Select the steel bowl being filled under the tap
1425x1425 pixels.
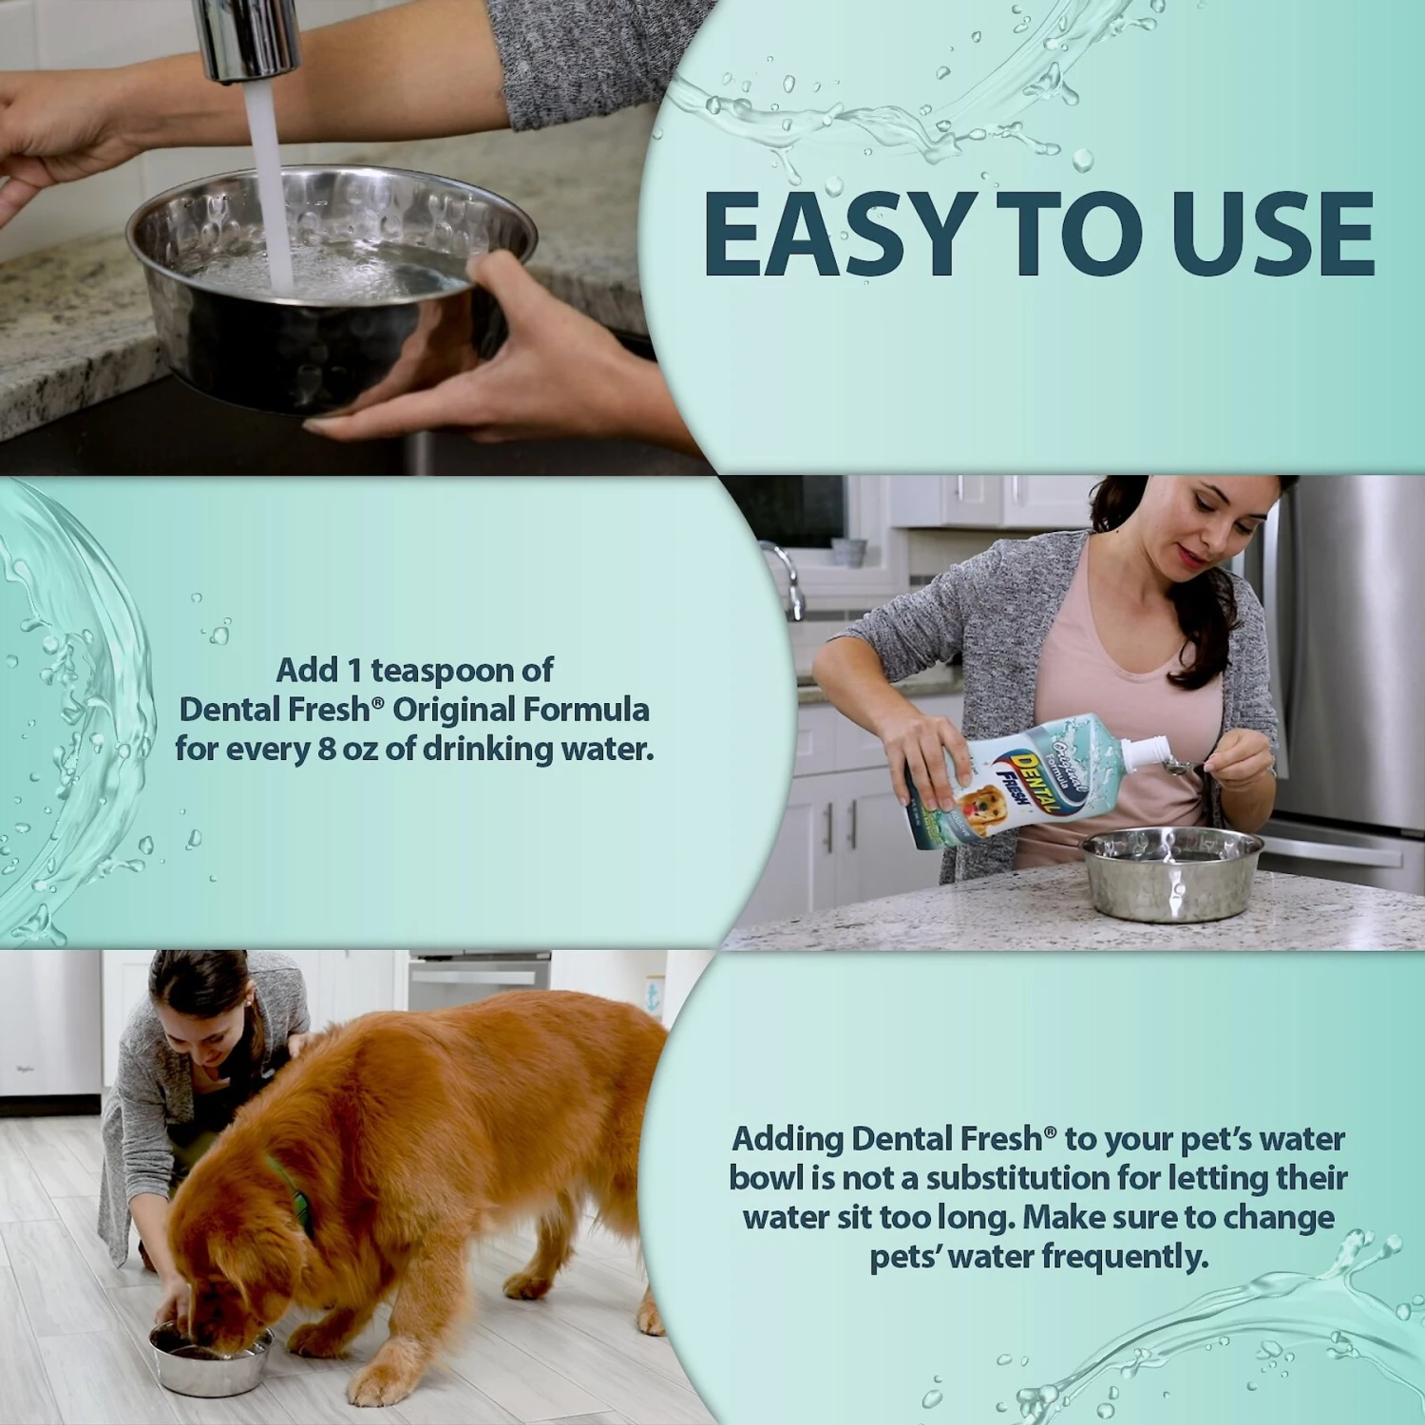click(328, 290)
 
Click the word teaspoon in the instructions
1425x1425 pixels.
click(462, 671)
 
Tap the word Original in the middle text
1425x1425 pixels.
click(453, 710)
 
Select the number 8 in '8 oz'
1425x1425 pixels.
click(327, 750)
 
